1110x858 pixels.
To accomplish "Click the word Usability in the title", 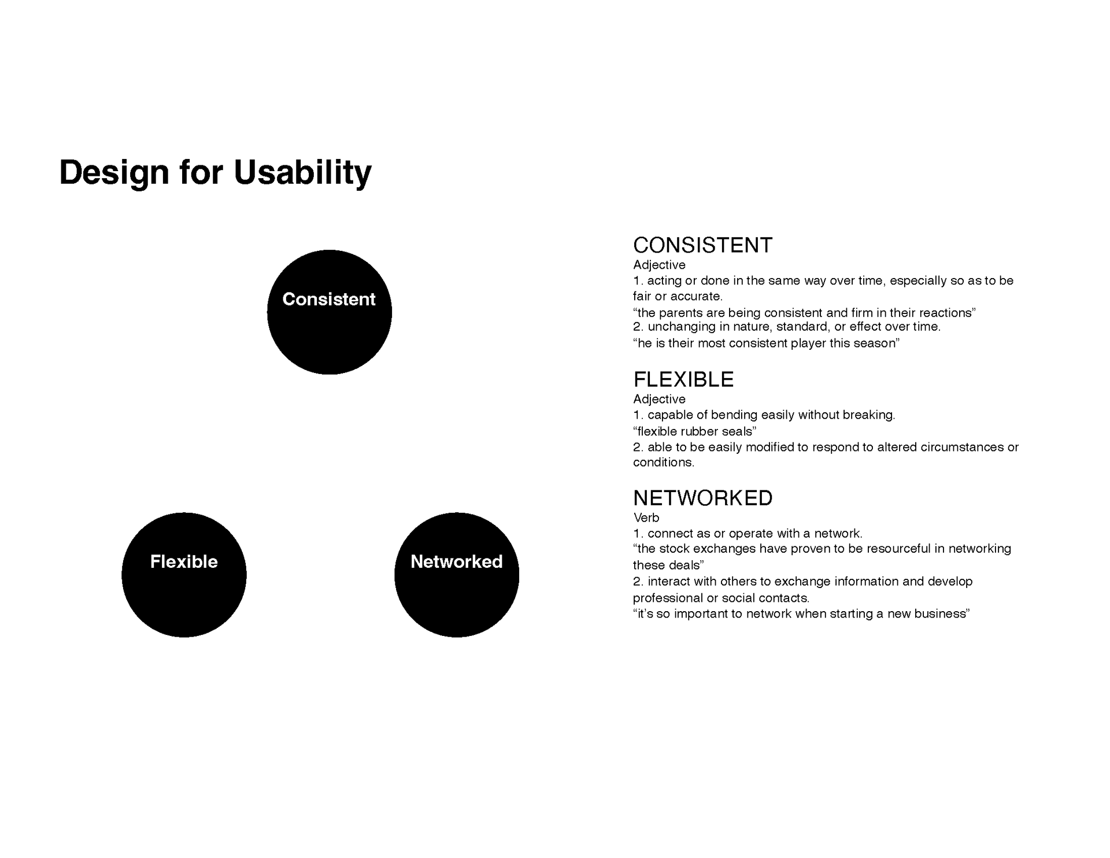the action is point(302,172).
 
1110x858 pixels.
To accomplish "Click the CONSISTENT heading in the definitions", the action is point(702,245).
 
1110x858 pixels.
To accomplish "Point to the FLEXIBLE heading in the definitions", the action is point(683,379).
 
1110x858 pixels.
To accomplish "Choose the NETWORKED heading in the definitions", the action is point(702,498).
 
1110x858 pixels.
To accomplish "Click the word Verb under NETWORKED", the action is point(646,517).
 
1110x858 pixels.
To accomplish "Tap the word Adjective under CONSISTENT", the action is point(659,265).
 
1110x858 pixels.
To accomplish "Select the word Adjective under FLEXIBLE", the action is point(659,399).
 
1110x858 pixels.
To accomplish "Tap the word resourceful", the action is point(897,548).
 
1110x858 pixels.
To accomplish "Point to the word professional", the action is point(668,598).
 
